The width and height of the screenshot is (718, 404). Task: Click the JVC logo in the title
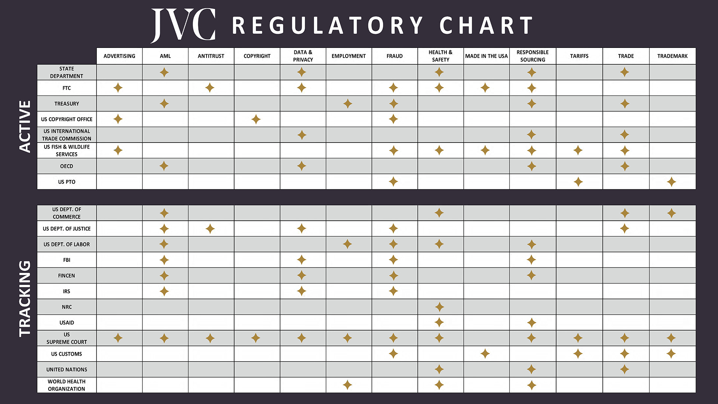183,25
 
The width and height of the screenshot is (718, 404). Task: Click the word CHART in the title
486,25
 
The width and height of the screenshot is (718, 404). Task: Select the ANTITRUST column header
211,56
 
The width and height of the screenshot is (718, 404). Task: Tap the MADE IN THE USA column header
486,56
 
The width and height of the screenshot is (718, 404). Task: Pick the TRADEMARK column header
672,56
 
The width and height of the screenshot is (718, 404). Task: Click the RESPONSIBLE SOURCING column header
532,56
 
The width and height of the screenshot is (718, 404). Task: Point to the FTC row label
67,88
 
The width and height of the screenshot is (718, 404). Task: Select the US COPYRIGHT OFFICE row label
67,119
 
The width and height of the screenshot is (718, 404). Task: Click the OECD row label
67,166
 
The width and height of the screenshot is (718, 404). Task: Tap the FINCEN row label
67,276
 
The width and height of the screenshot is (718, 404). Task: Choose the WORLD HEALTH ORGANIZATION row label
67,385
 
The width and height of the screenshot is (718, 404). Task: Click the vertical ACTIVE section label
25,126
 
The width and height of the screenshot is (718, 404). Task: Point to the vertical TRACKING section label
25,299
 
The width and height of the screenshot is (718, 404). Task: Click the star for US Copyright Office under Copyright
256,119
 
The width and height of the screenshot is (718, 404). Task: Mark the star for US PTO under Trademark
671,182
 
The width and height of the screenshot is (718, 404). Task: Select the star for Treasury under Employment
347,104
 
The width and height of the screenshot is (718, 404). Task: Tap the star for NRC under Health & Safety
439,307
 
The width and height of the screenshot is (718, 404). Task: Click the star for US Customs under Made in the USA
485,353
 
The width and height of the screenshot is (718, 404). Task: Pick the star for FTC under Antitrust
210,88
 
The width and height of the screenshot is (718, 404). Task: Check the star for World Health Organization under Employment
347,385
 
